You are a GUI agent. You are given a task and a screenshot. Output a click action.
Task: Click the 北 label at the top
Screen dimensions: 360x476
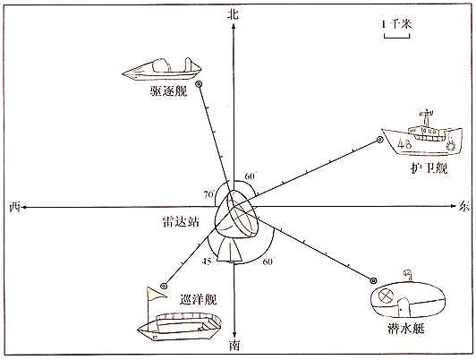[x=233, y=13]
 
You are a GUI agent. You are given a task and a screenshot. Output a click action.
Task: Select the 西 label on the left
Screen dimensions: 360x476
[x=13, y=207]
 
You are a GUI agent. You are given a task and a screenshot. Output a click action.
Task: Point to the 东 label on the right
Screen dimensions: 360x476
[x=463, y=206]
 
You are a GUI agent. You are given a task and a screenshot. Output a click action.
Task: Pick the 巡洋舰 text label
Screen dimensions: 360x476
[x=198, y=299]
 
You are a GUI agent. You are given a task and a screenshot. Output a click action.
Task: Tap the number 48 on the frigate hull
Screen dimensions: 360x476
[x=404, y=143]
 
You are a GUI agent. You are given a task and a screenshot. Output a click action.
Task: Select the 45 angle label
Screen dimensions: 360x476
[x=205, y=261]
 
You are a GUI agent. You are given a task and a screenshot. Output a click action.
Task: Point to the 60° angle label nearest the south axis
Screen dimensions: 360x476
[x=268, y=261]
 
